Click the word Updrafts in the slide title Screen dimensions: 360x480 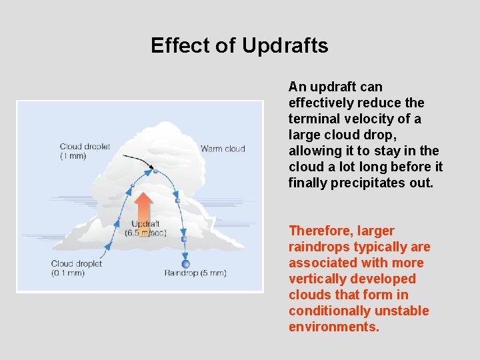(x=285, y=45)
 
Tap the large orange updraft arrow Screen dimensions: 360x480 (x=144, y=206)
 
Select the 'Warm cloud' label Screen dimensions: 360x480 (x=223, y=149)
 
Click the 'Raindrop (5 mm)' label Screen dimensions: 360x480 (x=195, y=273)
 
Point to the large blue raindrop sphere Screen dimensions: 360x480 (x=186, y=264)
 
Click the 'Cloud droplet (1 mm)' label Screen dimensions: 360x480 (x=85, y=151)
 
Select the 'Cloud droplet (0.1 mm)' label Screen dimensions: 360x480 (x=77, y=268)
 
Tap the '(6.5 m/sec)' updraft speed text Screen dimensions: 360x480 (x=145, y=233)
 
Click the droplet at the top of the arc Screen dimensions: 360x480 (x=155, y=171)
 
